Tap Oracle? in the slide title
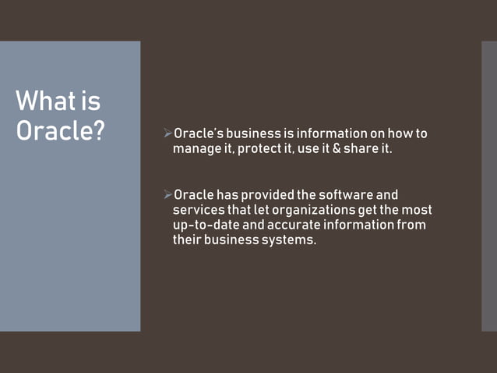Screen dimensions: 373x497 pos(60,130)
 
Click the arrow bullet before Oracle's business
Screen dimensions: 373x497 pos(167,133)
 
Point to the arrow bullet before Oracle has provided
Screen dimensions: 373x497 pos(167,194)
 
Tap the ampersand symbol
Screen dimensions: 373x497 pos(337,149)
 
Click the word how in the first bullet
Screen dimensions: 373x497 pos(393,133)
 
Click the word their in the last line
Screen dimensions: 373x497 pos(187,240)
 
